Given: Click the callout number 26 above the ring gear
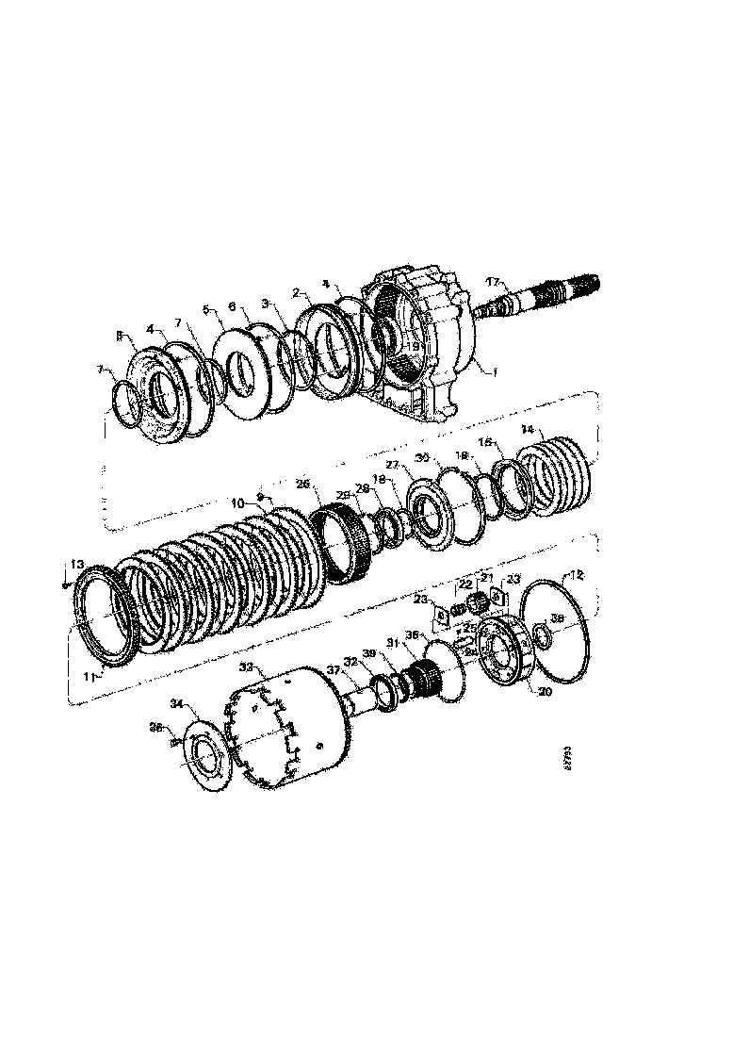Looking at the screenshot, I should (x=301, y=484).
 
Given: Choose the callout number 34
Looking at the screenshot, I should (x=176, y=702).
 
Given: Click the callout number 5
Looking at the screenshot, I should (x=206, y=309).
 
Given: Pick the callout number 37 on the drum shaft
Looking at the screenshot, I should (x=332, y=670).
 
